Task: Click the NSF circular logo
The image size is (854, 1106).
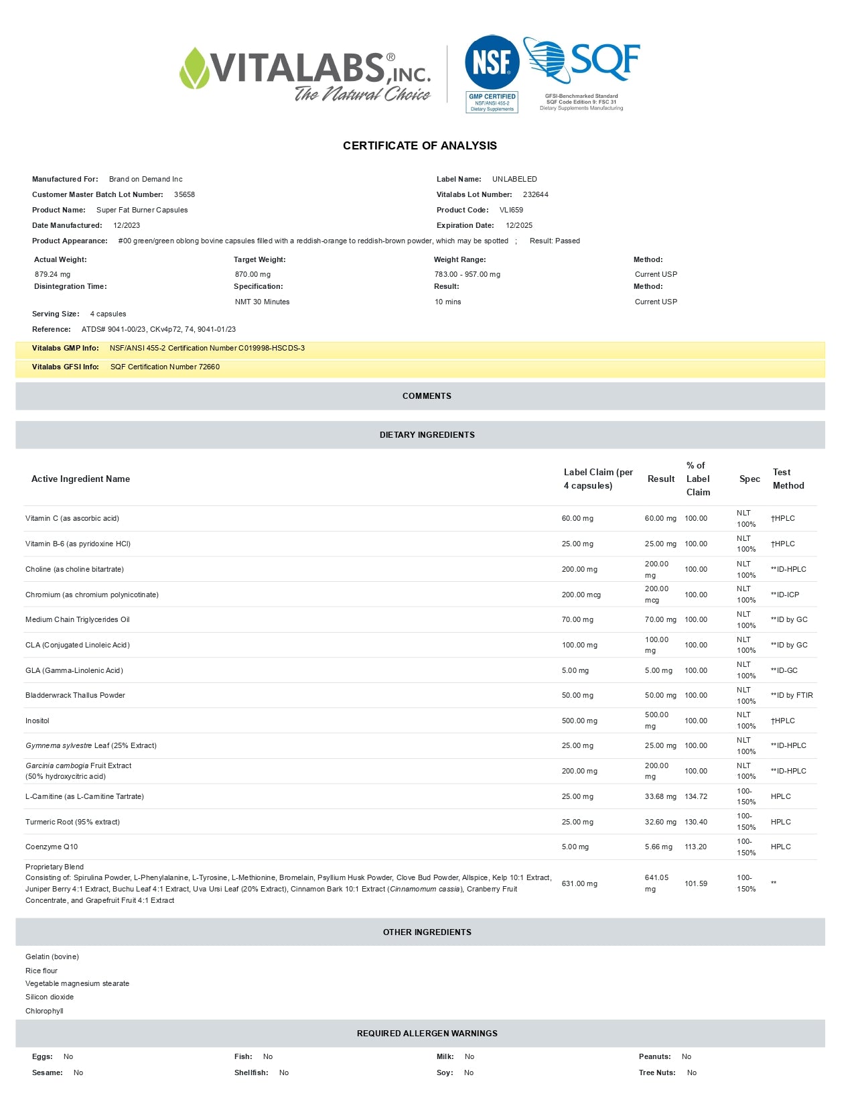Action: (492, 62)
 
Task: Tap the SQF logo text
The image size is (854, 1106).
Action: (605, 61)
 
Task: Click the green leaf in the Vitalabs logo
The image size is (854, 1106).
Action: (194, 68)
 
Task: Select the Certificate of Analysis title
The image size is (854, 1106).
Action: (420, 145)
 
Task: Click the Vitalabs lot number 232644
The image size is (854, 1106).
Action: (535, 194)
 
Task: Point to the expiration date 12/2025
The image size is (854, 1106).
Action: (519, 225)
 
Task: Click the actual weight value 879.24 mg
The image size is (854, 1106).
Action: (52, 274)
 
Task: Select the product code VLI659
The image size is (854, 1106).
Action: (511, 210)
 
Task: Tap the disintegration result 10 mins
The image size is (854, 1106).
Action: (447, 302)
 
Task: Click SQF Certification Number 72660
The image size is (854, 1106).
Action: (165, 367)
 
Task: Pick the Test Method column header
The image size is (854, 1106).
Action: (788, 479)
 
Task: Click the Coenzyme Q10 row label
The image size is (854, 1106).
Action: (52, 847)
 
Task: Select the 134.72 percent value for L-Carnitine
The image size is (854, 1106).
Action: (696, 796)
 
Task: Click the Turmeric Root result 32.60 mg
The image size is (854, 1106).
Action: (660, 822)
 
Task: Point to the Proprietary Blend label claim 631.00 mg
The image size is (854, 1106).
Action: (579, 883)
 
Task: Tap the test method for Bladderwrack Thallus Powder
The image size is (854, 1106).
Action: (792, 695)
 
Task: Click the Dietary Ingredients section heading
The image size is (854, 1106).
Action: (427, 435)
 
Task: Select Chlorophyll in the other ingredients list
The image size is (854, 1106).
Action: (44, 1011)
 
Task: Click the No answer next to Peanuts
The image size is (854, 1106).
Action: (687, 1056)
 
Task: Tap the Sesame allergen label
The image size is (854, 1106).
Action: (47, 1072)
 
